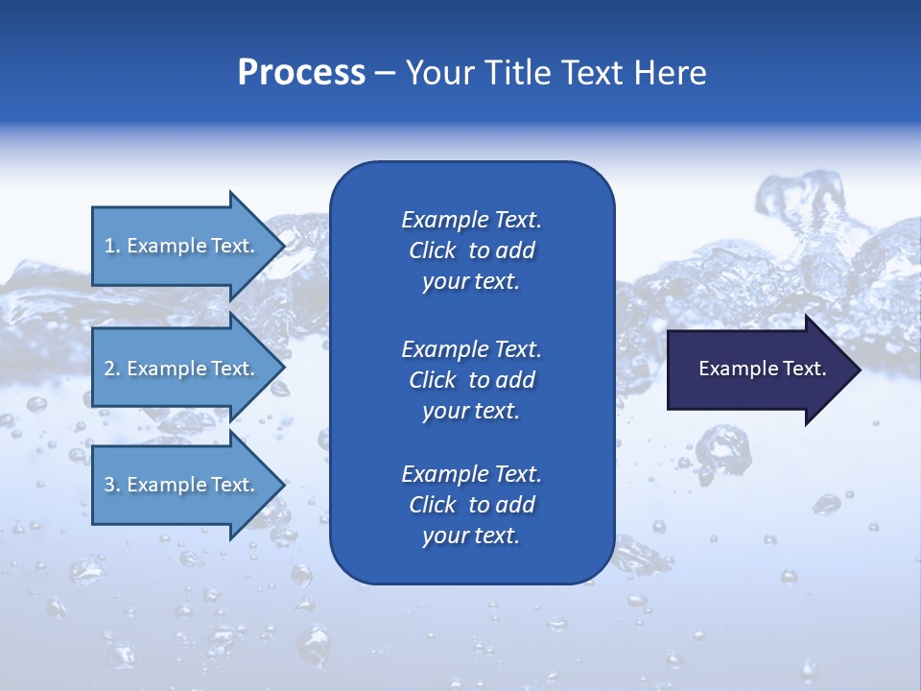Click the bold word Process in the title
(x=301, y=73)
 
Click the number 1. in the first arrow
(x=112, y=246)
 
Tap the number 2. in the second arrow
(x=112, y=369)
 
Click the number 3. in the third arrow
(x=112, y=485)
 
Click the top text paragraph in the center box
(x=471, y=250)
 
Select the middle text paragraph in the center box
(x=471, y=379)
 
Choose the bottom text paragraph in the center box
(x=471, y=505)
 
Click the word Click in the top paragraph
(x=432, y=250)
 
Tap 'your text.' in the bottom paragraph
(x=471, y=536)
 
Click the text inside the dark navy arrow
(x=762, y=369)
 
